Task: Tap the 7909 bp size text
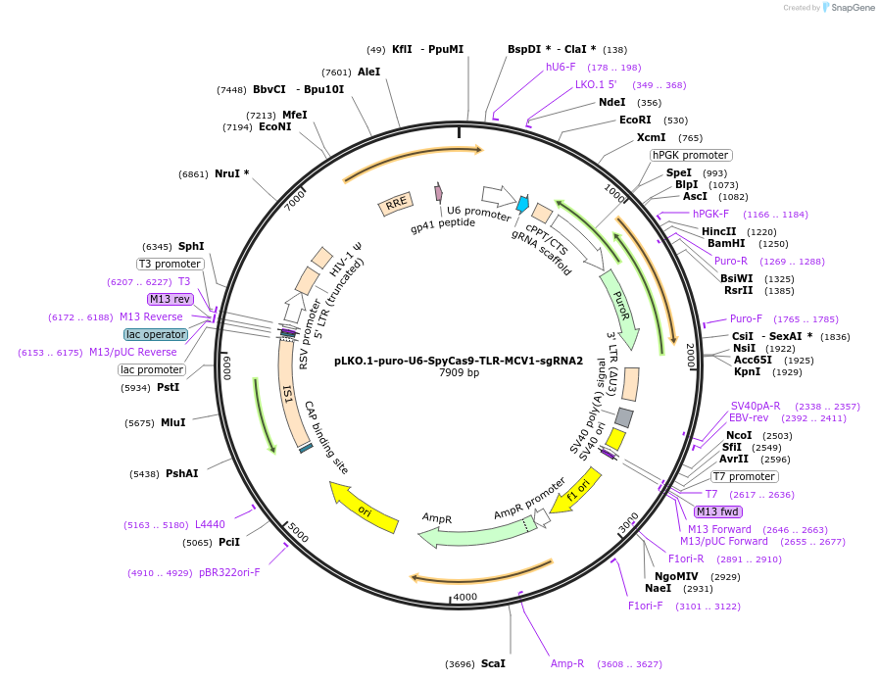pos(459,372)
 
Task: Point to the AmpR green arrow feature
pos(470,530)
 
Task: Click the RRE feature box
pos(396,204)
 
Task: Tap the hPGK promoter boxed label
pos(691,155)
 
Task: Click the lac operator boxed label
pos(155,334)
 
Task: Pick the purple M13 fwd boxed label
pos(718,511)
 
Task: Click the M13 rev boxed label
pos(171,299)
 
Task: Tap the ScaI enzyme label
pos(493,663)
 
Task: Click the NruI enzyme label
pos(231,173)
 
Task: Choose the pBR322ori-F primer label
pos(229,572)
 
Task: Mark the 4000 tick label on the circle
pos(464,597)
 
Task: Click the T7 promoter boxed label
pos(744,476)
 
